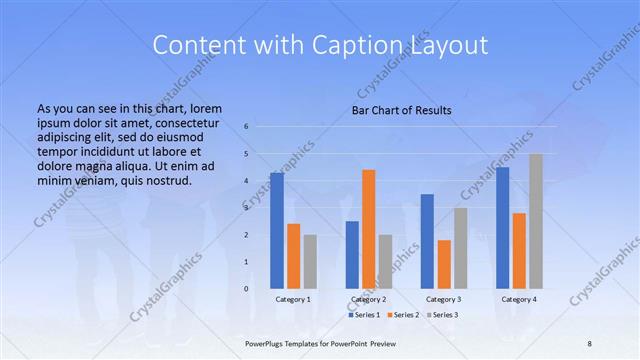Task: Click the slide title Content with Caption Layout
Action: [320, 45]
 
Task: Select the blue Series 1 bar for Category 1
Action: [277, 230]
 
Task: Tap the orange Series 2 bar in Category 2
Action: [368, 229]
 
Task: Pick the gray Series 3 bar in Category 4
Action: [536, 221]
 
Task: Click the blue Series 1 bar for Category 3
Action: [427, 241]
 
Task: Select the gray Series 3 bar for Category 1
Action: [310, 261]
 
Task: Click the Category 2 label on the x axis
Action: [368, 299]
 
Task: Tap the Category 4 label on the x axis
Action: [519, 299]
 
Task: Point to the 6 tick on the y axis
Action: [247, 127]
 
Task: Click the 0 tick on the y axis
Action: [247, 289]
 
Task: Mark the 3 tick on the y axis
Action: [247, 208]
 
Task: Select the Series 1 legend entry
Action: [362, 315]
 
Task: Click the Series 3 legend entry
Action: [443, 315]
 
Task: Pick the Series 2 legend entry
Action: [402, 315]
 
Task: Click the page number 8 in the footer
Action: [589, 342]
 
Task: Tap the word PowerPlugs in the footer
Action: [267, 342]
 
